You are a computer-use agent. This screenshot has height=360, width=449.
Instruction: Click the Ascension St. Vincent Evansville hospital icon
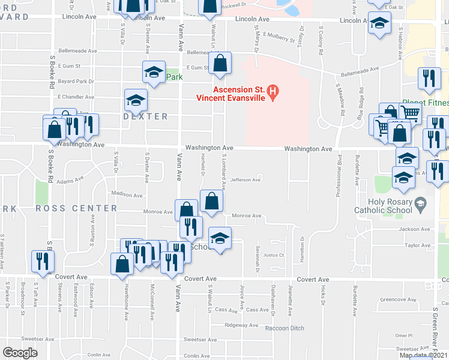273,92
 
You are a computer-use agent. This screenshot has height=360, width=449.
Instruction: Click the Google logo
20,353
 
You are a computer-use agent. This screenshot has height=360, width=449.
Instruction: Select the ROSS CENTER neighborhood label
76,208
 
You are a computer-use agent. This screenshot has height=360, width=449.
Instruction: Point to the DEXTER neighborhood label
145,116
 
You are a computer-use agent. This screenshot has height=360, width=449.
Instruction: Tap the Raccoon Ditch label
285,328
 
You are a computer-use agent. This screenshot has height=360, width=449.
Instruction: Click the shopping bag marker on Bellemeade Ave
220,64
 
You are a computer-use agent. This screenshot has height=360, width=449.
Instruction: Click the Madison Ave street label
127,194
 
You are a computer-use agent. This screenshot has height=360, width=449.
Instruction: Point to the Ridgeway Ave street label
241,325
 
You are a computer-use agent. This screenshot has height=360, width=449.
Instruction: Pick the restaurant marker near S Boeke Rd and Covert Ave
43,260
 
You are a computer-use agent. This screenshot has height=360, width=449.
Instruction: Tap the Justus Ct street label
273,255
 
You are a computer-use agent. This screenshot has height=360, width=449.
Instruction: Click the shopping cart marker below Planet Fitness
409,111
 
